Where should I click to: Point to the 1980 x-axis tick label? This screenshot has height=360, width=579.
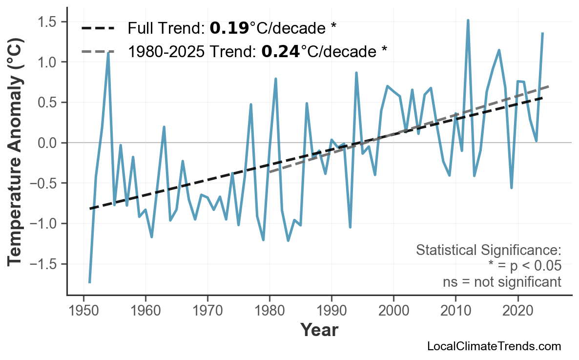[x=269, y=311]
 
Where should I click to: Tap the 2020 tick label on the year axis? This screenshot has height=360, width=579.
[x=517, y=311]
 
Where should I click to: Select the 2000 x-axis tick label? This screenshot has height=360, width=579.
[x=393, y=311]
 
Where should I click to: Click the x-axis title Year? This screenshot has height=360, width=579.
[x=319, y=331]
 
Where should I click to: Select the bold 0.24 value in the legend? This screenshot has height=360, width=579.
[x=281, y=51]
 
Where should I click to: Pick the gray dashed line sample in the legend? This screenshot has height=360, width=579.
[x=98, y=51]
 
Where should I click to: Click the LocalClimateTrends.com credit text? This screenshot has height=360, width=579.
[x=494, y=346]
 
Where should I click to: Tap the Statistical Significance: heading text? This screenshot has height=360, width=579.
[x=488, y=251]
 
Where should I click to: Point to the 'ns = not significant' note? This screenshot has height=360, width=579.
[x=502, y=282]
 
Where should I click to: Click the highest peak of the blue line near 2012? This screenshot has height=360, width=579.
[x=468, y=21]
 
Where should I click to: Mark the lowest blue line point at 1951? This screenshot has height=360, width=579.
[x=90, y=282]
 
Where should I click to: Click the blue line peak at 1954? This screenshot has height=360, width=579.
[x=108, y=52]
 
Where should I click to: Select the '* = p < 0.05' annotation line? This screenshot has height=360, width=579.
[x=524, y=266]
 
